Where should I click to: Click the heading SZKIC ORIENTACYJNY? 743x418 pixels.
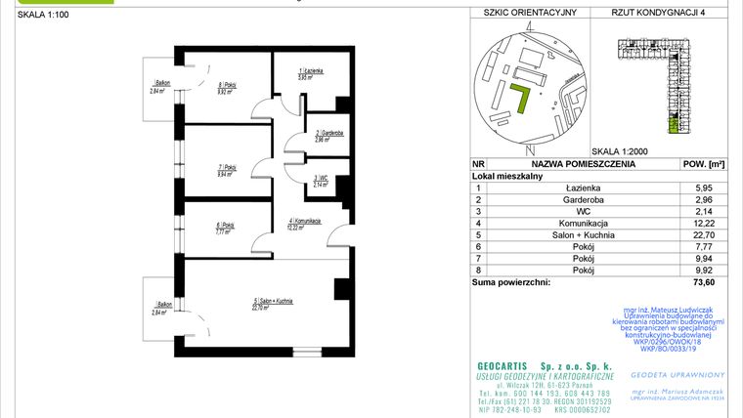click(524, 13)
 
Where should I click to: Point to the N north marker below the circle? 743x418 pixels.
click(527, 147)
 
